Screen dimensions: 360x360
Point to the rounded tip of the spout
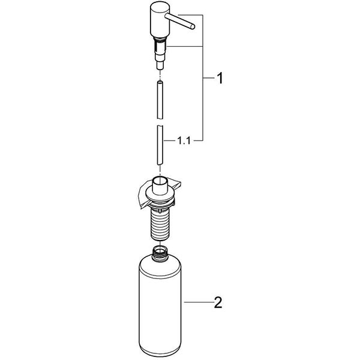pyautogui.click(x=192, y=26)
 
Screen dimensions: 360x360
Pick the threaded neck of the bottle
pyautogui.click(x=158, y=250)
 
